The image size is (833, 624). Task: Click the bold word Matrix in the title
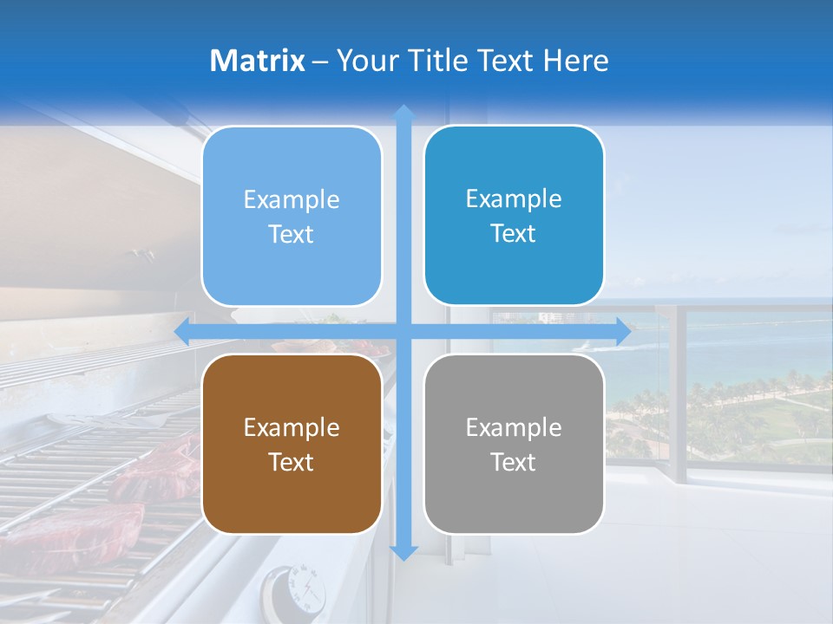pos(258,61)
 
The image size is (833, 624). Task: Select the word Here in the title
pos(576,61)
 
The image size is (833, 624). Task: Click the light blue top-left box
pos(292,216)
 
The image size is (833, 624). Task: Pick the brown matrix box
pos(292,444)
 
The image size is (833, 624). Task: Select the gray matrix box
pos(514,444)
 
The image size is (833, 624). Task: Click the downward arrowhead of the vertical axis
pos(403,552)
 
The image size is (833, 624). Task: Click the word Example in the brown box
pos(292,427)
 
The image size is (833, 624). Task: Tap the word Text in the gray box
pos(514,462)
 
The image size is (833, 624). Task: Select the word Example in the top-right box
pos(514,198)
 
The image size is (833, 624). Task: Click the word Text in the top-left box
pos(292,234)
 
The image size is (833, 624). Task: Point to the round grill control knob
pos(298,589)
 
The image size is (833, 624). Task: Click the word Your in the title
pos(365,61)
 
